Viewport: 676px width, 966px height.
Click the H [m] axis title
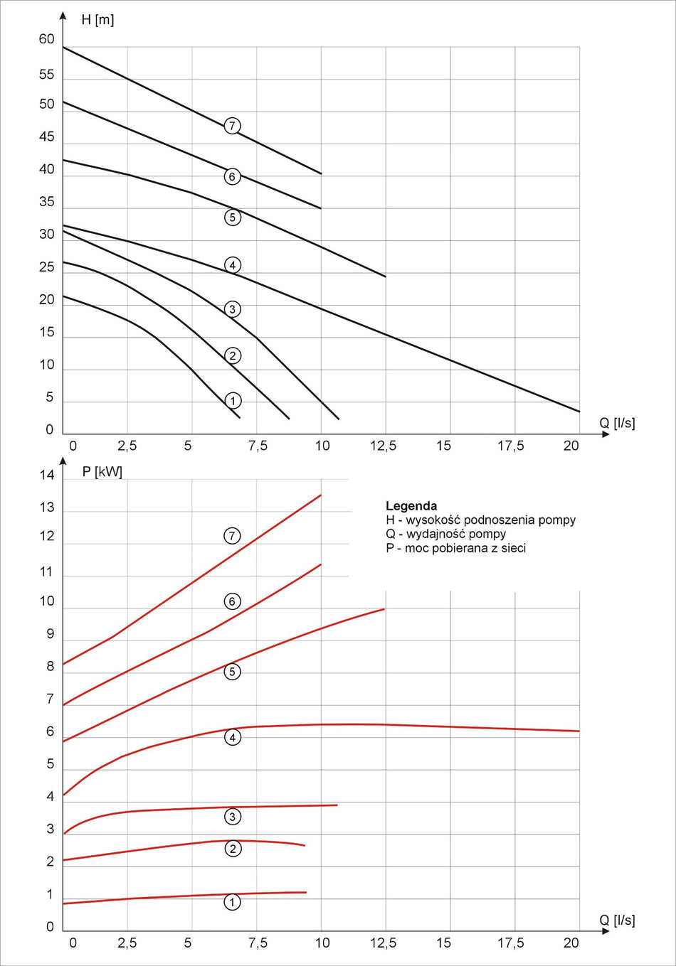(97, 20)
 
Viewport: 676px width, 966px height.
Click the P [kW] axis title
(102, 472)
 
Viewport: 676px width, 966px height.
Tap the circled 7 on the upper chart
(232, 126)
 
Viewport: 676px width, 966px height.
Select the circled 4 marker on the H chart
(232, 265)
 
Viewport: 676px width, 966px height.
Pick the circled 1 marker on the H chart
(232, 401)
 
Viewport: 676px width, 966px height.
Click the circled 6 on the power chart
(232, 601)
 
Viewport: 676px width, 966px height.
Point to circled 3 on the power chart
(232, 817)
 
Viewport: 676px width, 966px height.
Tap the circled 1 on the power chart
(232, 902)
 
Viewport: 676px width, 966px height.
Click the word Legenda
(411, 506)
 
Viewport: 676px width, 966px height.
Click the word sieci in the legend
(512, 548)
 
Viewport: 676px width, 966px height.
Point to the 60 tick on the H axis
(46, 39)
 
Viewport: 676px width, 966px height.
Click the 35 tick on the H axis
(46, 202)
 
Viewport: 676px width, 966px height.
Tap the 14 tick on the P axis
(46, 475)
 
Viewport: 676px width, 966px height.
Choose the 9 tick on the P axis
(50, 634)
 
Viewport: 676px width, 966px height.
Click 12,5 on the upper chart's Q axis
(383, 446)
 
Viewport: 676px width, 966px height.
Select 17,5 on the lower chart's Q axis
(510, 943)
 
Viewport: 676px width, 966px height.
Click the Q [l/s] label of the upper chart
(617, 423)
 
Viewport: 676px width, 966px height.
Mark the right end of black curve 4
(579, 411)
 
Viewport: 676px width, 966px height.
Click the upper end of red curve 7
(321, 495)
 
